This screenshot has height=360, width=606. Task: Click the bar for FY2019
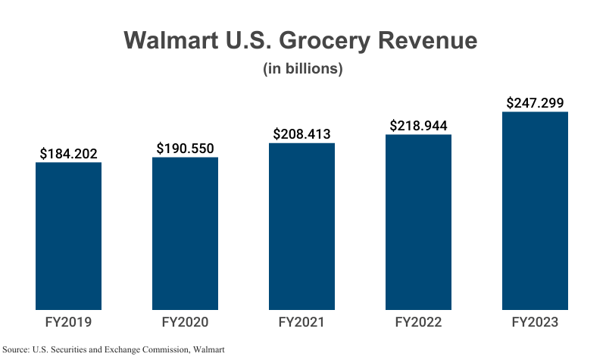coord(69,236)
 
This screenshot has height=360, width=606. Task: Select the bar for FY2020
coord(185,233)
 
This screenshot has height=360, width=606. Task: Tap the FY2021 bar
coord(301,226)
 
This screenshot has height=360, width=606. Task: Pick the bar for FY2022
coord(418,222)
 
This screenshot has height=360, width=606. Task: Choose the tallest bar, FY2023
coord(535,211)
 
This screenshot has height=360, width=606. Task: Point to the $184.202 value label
coord(69,154)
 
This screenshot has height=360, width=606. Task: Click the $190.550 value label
coord(185,149)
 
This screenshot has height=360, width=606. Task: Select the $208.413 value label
coord(301,134)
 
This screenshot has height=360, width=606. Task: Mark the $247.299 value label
coord(535,103)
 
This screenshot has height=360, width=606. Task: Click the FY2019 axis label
coord(69,322)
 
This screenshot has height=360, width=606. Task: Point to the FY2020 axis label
coord(185,322)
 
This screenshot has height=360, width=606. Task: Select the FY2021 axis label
coord(301,322)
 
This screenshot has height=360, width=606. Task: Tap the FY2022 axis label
coord(418,322)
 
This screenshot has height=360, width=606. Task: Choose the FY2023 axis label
coord(535,322)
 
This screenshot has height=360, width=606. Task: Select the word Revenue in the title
coord(432,41)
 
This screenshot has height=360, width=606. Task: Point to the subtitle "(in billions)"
coord(303,69)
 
